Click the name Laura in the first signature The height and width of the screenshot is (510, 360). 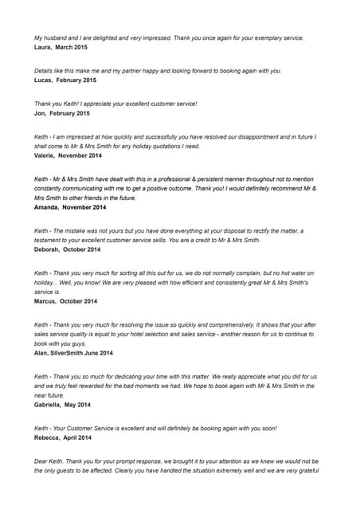pyautogui.click(x=43, y=48)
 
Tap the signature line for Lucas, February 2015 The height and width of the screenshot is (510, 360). pyautogui.click(x=65, y=80)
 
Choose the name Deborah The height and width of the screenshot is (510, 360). pyautogui.click(x=48, y=249)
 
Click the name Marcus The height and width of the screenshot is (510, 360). pyautogui.click(x=46, y=301)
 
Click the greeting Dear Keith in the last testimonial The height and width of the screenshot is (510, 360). pyautogui.click(x=49, y=461)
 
